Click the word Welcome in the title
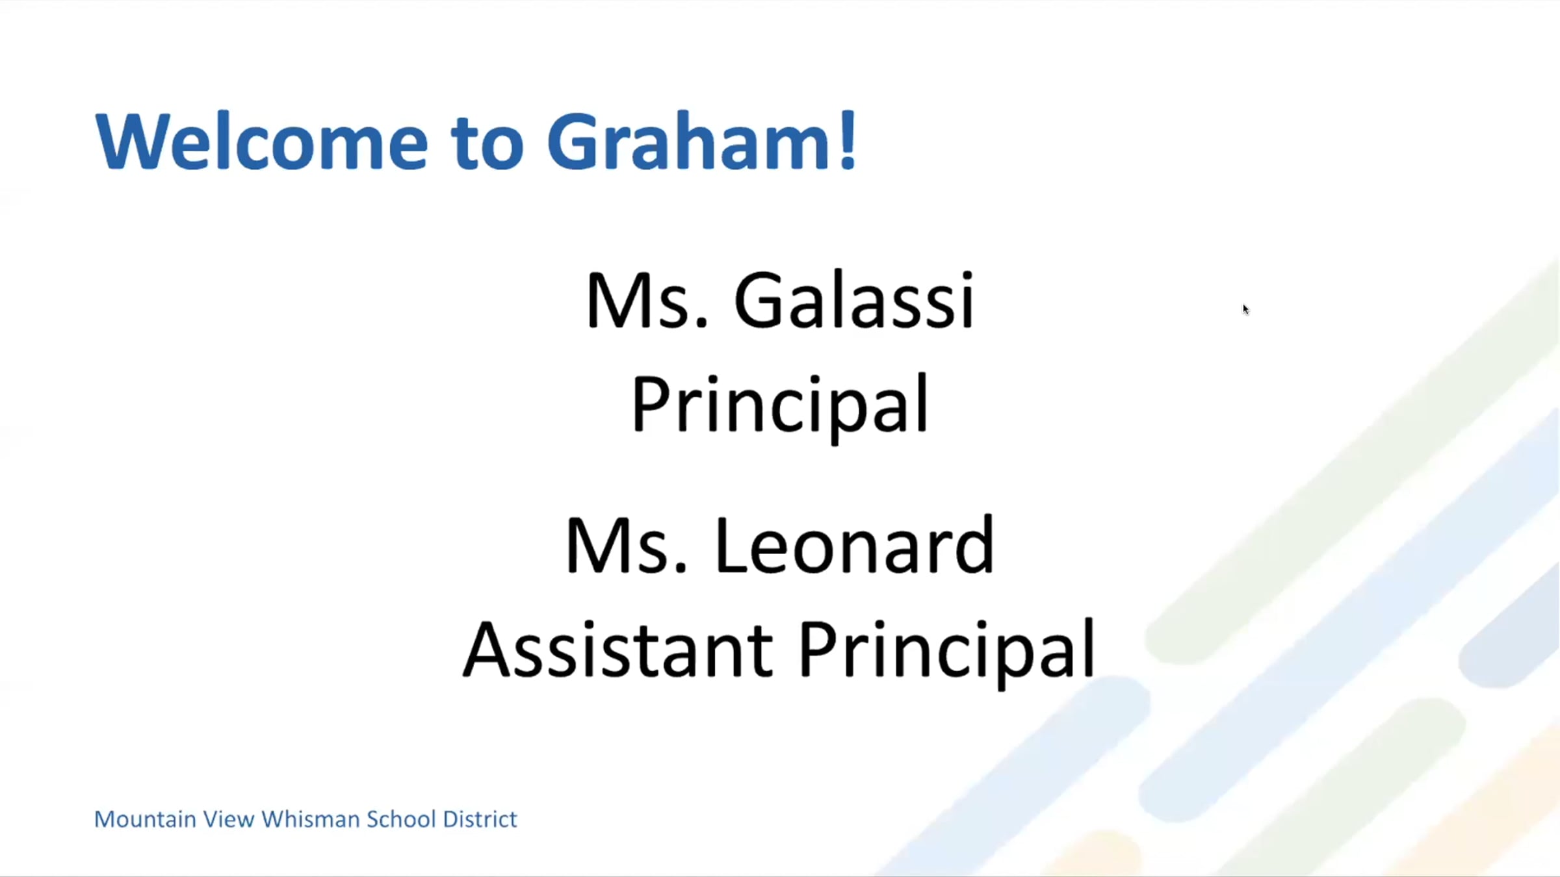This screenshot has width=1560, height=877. point(262,141)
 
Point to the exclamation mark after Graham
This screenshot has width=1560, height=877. point(848,141)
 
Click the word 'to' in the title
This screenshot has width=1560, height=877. point(487,143)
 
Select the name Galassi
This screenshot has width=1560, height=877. point(854,299)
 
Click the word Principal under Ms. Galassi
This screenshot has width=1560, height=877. point(779,407)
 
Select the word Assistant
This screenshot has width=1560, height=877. point(618,650)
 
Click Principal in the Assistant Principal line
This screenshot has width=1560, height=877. point(947,652)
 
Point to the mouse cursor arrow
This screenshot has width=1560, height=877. point(1245,309)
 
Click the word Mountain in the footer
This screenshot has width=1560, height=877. point(145,819)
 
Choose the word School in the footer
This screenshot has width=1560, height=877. point(401,819)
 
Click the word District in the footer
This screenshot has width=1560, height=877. point(480,819)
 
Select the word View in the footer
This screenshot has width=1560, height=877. point(228,819)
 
